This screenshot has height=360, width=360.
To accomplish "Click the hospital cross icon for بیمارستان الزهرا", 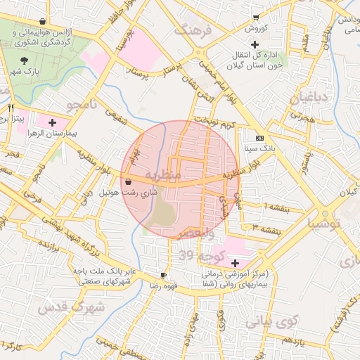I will point(51,122).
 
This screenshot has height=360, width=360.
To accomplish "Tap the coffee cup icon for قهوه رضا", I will point(164,275).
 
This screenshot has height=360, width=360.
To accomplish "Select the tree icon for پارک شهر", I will point(27,61).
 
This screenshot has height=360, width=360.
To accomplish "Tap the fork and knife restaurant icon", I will point(11,108).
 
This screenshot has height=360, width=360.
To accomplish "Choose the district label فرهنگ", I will point(193,31).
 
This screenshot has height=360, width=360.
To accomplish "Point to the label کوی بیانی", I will point(272,321).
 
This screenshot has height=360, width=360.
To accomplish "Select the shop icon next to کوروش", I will point(257,18).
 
